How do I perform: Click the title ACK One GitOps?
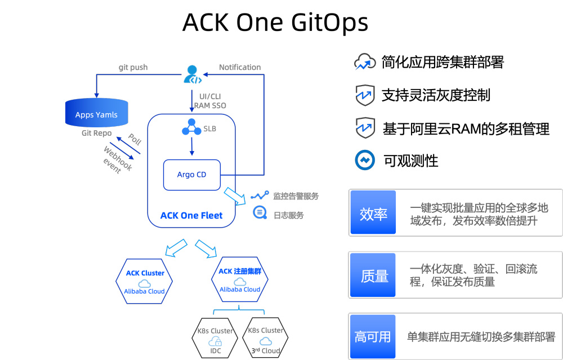pyautogui.click(x=275, y=23)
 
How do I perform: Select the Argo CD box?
pyautogui.click(x=191, y=175)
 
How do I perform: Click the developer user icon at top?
pyautogui.click(x=191, y=74)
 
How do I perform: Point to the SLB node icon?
pyautogui.click(x=191, y=128)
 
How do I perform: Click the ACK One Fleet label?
pyautogui.click(x=191, y=215)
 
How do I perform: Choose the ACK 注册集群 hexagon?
pyautogui.click(x=240, y=279)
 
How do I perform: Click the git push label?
pyautogui.click(x=133, y=67)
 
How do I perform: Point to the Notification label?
pyautogui.click(x=240, y=67)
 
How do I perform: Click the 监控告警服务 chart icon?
pyautogui.click(x=260, y=195)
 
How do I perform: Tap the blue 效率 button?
pyautogui.click(x=373, y=213)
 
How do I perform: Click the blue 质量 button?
pyautogui.click(x=373, y=275)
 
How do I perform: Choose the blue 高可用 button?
pyautogui.click(x=373, y=336)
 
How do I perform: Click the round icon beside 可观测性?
pyautogui.click(x=365, y=160)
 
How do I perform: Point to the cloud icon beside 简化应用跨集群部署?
pyautogui.click(x=365, y=63)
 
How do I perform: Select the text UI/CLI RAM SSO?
pyautogui.click(x=210, y=100)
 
